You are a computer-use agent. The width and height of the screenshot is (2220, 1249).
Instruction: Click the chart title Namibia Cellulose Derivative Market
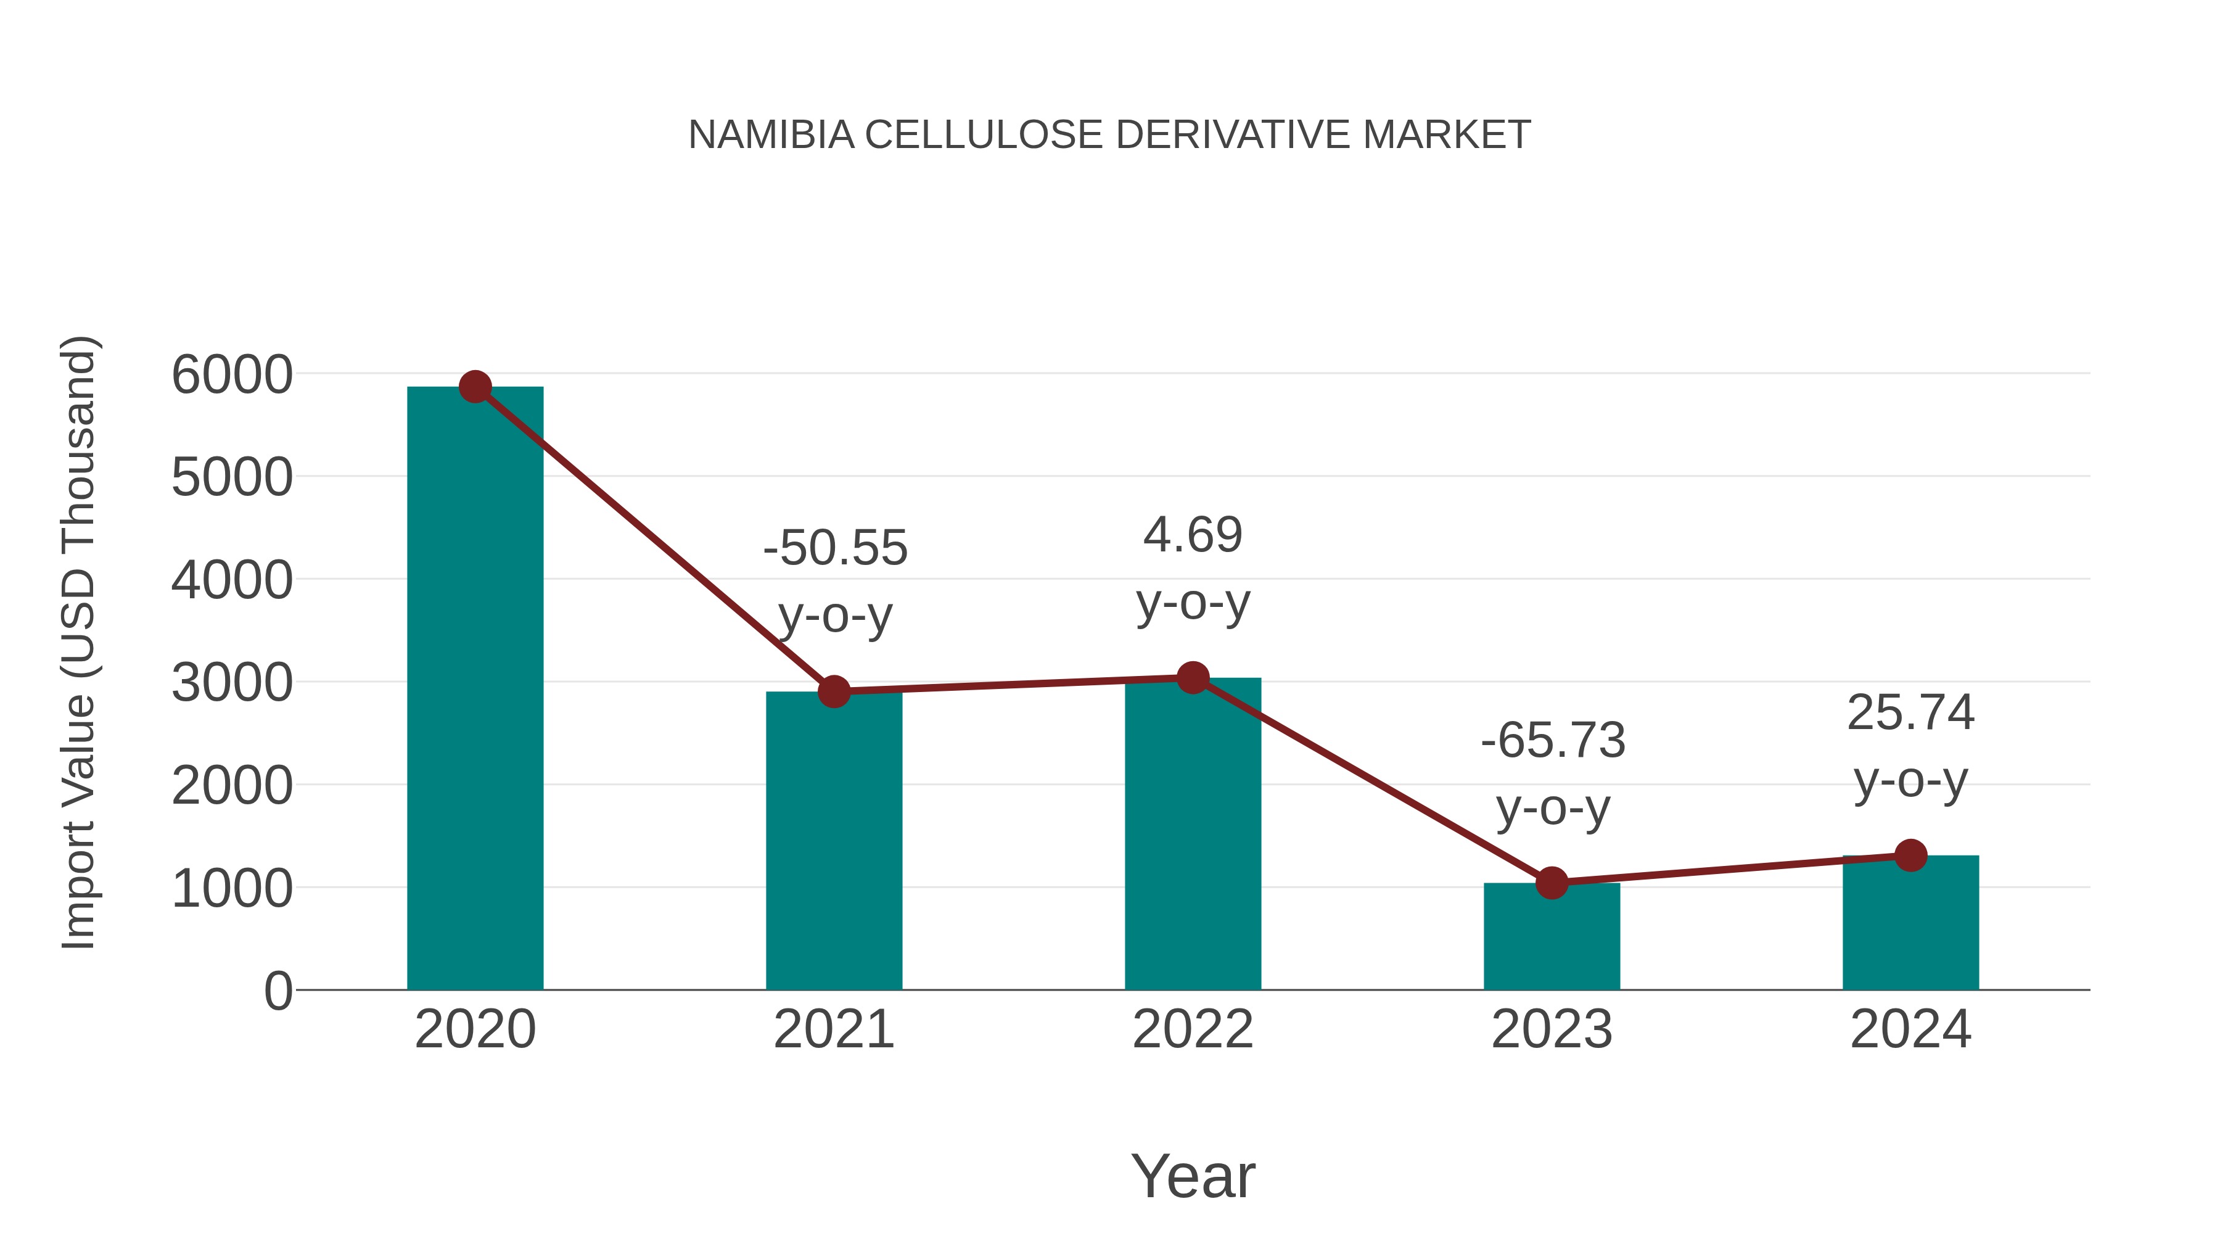click(x=1109, y=135)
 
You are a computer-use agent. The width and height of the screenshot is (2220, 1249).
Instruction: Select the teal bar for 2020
click(x=475, y=690)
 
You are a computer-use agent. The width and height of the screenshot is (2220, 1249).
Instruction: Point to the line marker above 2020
click(x=475, y=387)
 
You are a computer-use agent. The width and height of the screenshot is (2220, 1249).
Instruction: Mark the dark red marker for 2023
click(x=1552, y=883)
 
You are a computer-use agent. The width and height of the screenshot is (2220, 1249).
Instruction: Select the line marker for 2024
click(x=1910, y=855)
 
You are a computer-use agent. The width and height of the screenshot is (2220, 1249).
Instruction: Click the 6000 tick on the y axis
click(x=232, y=375)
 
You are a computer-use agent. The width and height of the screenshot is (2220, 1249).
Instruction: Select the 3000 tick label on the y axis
click(x=232, y=683)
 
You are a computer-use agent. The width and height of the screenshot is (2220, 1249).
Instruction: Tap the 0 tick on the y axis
click(x=277, y=991)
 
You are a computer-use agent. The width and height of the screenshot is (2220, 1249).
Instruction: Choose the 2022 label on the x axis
click(x=1193, y=1029)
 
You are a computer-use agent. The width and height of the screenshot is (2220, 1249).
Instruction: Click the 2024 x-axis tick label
click(x=1910, y=1029)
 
